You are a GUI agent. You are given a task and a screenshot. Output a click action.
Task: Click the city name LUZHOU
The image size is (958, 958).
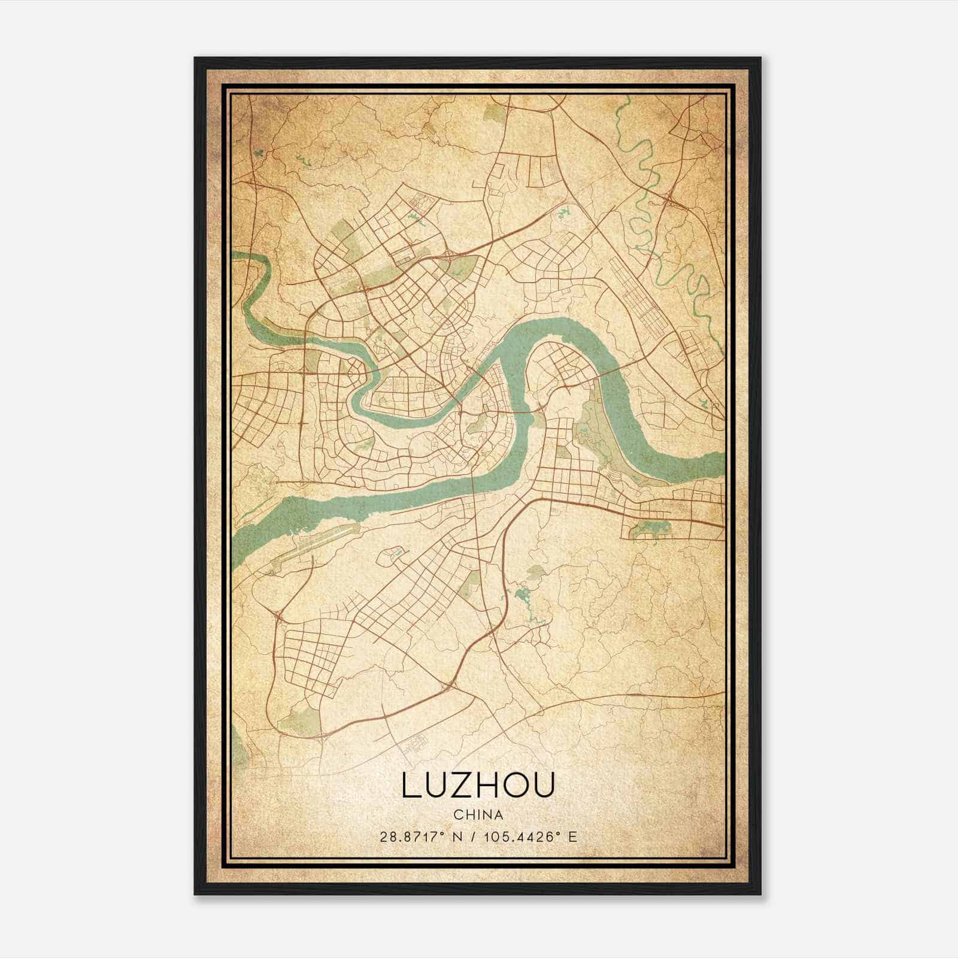click(478, 785)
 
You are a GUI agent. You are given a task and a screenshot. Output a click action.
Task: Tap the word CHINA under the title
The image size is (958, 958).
click(478, 815)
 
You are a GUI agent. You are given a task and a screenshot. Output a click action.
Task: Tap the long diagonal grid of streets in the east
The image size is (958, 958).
click(644, 299)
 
